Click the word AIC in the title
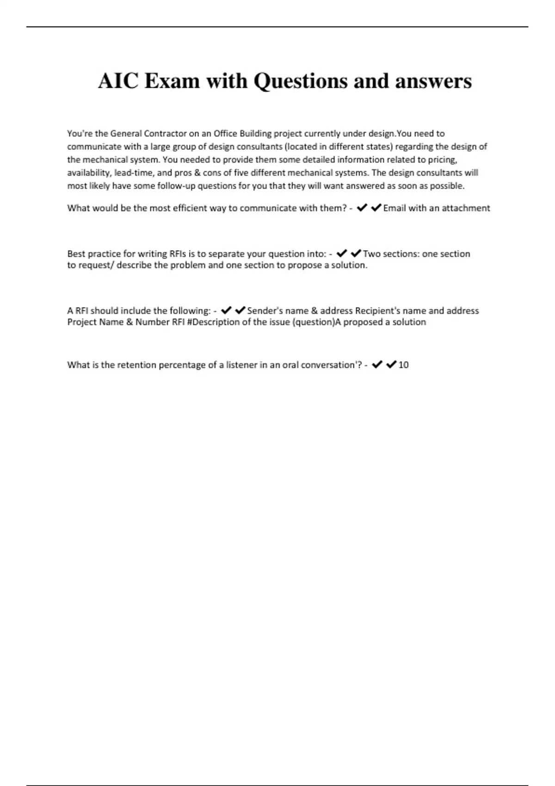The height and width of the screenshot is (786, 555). click(118, 81)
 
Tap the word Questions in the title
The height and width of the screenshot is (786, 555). click(300, 82)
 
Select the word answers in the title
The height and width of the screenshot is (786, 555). click(433, 81)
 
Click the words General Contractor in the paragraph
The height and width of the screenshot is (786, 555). click(148, 134)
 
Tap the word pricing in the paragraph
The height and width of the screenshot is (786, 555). click(442, 160)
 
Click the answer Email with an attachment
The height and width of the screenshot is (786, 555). click(436, 208)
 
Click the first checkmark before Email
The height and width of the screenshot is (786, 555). click(362, 208)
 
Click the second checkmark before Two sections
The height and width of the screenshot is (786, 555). click(356, 253)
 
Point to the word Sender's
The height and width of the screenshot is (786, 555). click(262, 311)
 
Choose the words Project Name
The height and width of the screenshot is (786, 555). click(95, 322)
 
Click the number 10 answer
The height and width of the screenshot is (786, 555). click(403, 365)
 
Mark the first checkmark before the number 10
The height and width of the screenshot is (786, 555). click(377, 365)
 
